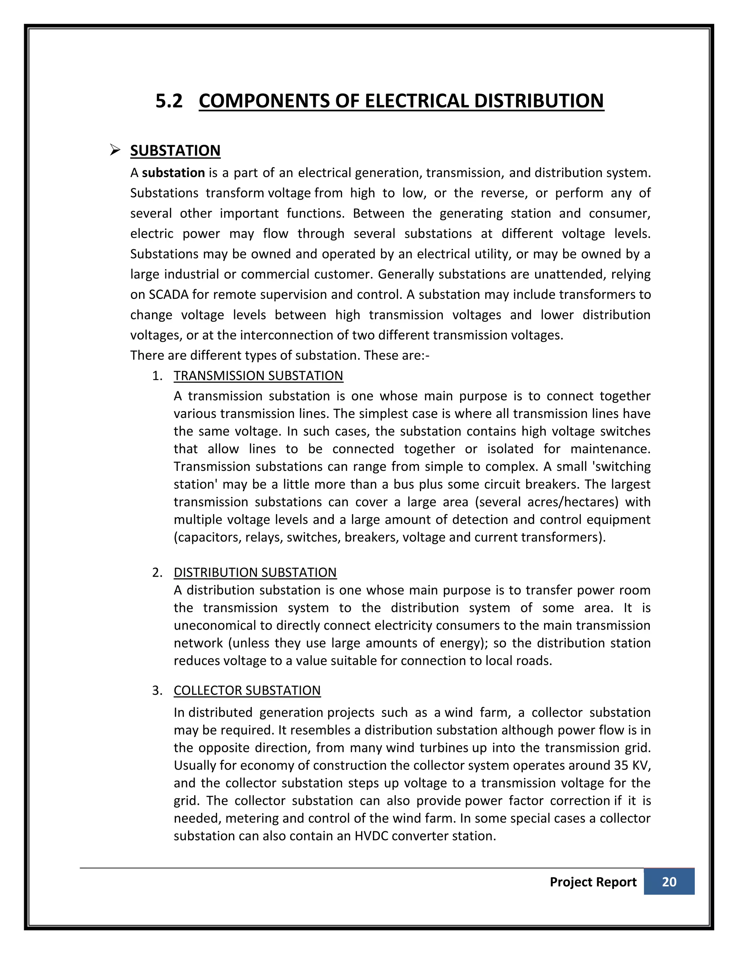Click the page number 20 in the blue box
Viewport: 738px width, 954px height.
pyautogui.click(x=669, y=882)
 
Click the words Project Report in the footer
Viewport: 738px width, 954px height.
pyautogui.click(x=592, y=882)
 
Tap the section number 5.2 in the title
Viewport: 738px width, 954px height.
pyautogui.click(x=169, y=101)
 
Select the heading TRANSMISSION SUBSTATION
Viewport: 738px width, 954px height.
pyautogui.click(x=258, y=375)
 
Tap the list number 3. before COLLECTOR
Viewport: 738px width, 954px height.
pyautogui.click(x=157, y=690)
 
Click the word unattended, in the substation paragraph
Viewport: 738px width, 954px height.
pyautogui.click(x=568, y=274)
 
